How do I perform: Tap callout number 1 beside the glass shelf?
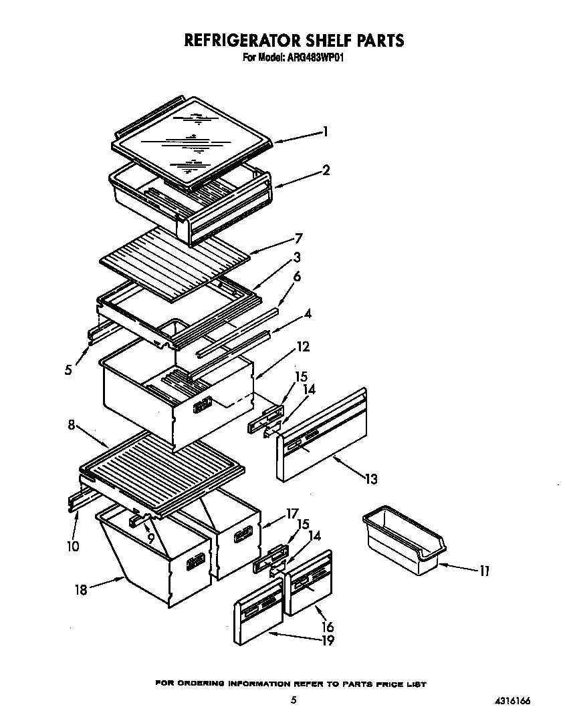tap(325, 132)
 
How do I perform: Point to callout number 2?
tap(326, 170)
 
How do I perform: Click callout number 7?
tap(299, 238)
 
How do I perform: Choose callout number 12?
tap(303, 347)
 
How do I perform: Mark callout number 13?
tap(371, 478)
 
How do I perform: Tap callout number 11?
tap(485, 571)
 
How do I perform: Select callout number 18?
tap(81, 589)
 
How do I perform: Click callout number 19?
tap(327, 641)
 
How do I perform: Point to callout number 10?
tap(73, 546)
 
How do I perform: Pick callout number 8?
tap(71, 424)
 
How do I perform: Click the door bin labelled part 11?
tap(401, 541)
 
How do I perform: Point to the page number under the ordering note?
tap(293, 700)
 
